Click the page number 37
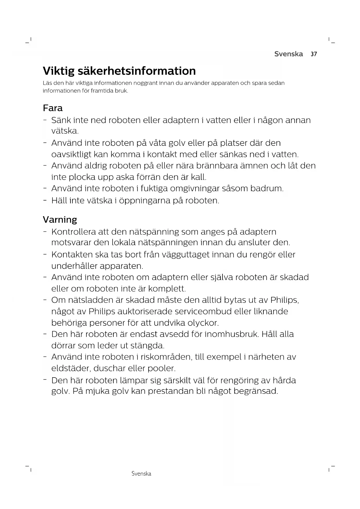tap(314, 54)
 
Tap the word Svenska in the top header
tap(288, 54)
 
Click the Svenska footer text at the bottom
tap(141, 474)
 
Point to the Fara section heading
tap(53, 108)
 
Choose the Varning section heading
tap(60, 219)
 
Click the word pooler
tap(162, 368)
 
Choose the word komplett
tap(167, 289)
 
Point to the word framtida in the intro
tap(102, 91)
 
